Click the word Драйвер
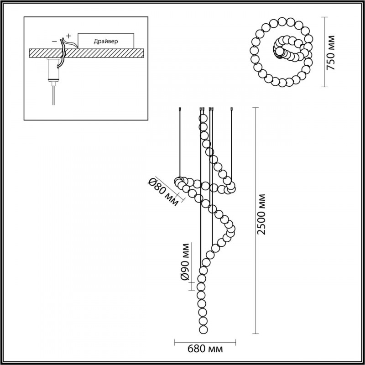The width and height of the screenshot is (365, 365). tap(106, 41)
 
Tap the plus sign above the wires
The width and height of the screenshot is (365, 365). tap(68, 35)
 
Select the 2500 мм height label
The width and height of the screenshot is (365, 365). tap(262, 214)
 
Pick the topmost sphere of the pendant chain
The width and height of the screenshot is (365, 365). tap(203, 117)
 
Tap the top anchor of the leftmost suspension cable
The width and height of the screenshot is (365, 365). tap(180, 109)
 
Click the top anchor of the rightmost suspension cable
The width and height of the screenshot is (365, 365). tap(232, 109)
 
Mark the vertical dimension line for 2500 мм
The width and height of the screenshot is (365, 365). tap(254, 219)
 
